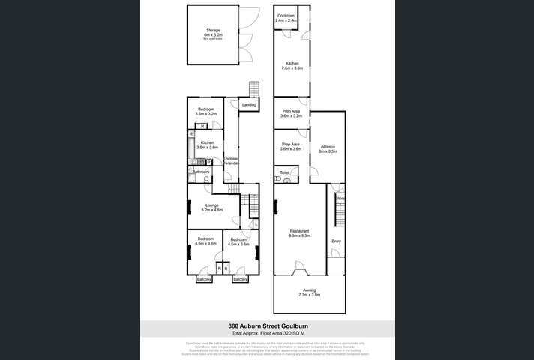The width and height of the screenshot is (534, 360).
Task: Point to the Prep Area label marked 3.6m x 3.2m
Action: click(x=291, y=113)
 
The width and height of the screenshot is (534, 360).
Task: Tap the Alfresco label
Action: click(x=328, y=148)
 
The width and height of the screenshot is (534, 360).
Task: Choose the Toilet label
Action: click(x=284, y=172)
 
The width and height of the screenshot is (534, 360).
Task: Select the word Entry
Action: click(x=336, y=241)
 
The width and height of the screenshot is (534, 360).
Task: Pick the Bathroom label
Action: click(x=200, y=172)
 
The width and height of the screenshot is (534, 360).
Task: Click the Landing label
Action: click(x=250, y=105)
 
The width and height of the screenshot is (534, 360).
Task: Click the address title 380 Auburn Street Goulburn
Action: click(x=266, y=326)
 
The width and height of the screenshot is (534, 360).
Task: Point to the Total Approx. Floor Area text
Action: click(x=266, y=333)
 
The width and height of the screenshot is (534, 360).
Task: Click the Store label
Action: click(x=340, y=198)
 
